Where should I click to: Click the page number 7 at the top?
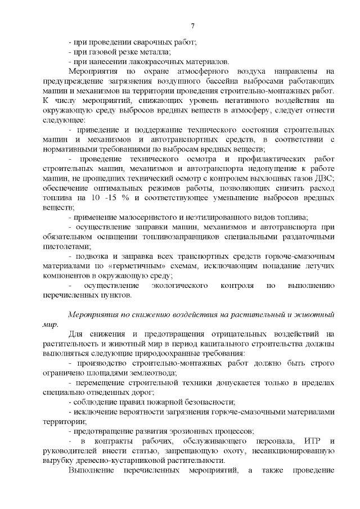coord(192,26)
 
